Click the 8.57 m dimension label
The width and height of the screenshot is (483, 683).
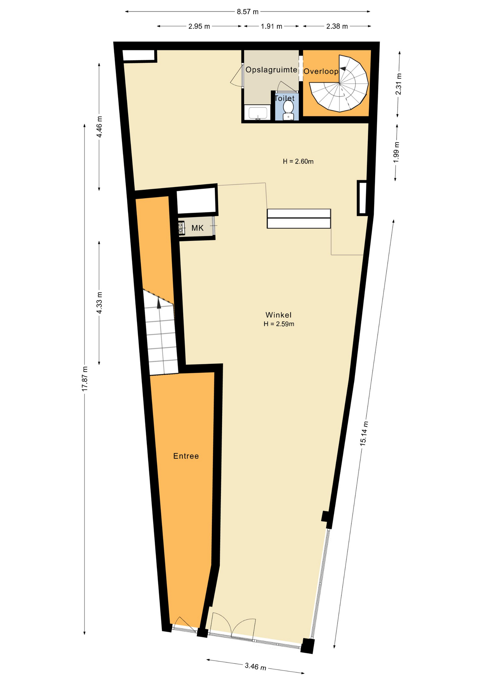point(248,12)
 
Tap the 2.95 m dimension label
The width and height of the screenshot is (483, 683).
point(199,26)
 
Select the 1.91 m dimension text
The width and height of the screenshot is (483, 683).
point(271,26)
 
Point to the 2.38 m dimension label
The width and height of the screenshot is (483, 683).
point(337,26)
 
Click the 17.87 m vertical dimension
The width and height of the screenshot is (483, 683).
point(85,379)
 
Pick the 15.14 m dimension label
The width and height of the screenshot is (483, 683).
point(364,433)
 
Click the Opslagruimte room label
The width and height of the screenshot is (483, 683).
point(271,70)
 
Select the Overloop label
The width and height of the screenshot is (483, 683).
point(321,71)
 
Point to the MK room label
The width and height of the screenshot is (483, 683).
point(197,228)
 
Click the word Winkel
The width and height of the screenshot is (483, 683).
point(278,315)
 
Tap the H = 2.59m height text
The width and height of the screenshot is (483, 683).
point(279,324)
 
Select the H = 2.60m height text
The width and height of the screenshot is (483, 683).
point(298,162)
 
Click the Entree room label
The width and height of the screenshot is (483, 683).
point(186,456)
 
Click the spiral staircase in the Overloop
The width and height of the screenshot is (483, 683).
point(339,83)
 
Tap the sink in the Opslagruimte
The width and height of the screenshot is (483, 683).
point(258,113)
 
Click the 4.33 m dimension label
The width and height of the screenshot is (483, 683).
point(99,303)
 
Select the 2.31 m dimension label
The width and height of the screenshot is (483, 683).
point(399,84)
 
